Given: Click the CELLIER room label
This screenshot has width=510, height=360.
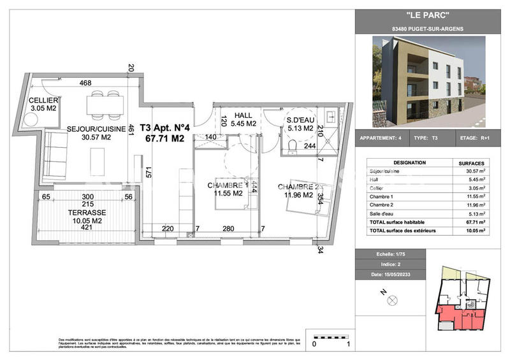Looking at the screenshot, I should pyautogui.click(x=43, y=101).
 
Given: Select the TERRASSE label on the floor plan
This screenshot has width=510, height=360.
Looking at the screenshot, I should pyautogui.click(x=88, y=212).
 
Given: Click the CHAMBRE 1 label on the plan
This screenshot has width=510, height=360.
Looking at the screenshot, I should pyautogui.click(x=228, y=185).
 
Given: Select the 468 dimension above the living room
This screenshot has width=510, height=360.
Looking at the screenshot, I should pyautogui.click(x=85, y=83).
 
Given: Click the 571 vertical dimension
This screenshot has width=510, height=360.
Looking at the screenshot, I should pyautogui.click(x=148, y=175).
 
